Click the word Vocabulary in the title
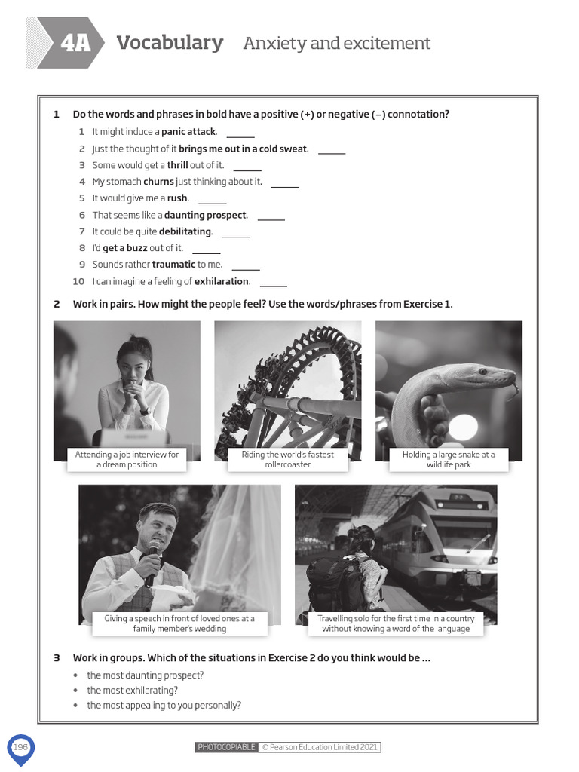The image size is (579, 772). pos(170,43)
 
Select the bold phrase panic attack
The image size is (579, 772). pos(188,132)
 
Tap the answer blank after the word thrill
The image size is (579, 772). pos(247,167)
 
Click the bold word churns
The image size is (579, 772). pos(158,182)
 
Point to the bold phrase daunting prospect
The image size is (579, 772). pos(205,215)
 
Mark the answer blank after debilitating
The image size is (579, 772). pos(235,233)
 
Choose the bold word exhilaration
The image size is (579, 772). pos(222,281)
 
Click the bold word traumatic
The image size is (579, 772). pos(173,265)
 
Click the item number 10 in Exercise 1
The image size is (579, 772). pos(78,281)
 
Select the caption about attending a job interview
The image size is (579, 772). pos(127,460)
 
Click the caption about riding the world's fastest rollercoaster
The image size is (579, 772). pos(287,460)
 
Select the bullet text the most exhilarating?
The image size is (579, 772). pos(132,690)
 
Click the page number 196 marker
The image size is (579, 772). pos(20,746)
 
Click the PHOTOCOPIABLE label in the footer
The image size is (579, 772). pos(226,747)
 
